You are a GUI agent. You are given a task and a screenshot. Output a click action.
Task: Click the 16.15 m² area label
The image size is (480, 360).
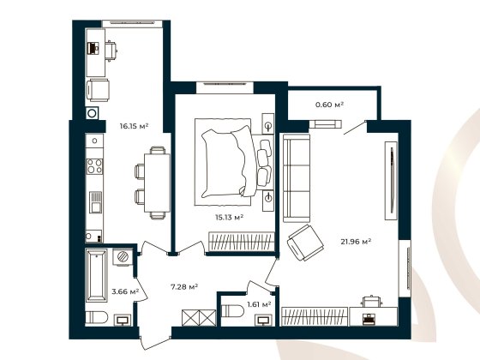(134, 126)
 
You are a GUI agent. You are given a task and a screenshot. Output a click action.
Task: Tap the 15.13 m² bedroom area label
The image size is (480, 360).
(229, 217)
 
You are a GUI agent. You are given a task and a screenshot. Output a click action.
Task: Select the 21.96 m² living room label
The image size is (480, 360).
(355, 242)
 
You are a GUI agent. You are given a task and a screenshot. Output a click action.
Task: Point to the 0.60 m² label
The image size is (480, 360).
(329, 105)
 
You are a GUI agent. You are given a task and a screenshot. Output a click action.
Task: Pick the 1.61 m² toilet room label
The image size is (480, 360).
(258, 303)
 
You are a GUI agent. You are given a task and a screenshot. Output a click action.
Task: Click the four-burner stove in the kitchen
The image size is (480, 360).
(94, 156)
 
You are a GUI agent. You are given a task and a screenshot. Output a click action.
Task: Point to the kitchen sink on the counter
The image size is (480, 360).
(95, 204)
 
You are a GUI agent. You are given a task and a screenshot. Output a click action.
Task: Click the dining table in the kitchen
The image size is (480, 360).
(155, 179)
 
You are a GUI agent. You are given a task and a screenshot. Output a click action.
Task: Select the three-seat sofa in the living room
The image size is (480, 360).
(296, 177)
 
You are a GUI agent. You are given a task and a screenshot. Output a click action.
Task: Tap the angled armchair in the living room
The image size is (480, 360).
(303, 245)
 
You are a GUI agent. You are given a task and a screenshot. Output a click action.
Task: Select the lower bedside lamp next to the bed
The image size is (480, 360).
(268, 198)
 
